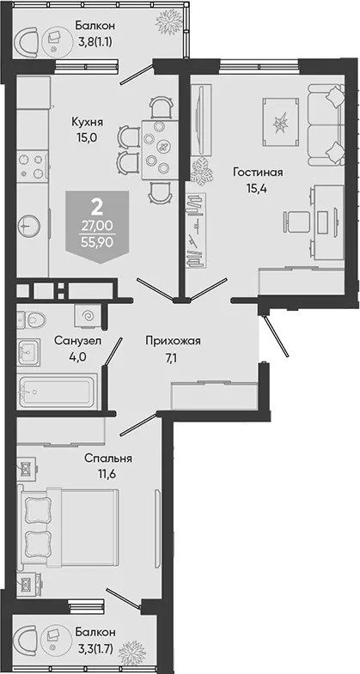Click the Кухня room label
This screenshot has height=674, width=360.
click(88, 122)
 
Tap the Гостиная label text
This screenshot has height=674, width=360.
click(258, 173)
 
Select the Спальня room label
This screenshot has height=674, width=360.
click(108, 458)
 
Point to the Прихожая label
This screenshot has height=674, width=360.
click(173, 342)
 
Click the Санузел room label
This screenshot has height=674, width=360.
click(77, 341)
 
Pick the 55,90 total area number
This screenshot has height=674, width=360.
click(97, 242)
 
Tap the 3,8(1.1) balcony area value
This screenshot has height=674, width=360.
click(95, 42)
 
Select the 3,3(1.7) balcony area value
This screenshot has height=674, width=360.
click(95, 648)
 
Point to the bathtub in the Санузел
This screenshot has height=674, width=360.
click(57, 392)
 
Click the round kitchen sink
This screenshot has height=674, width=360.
click(29, 224)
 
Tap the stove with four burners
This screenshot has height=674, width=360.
click(33, 164)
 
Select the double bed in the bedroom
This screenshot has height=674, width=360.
click(68, 527)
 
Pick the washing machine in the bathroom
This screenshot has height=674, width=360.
click(88, 316)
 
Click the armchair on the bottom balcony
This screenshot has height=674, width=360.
click(26, 646)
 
